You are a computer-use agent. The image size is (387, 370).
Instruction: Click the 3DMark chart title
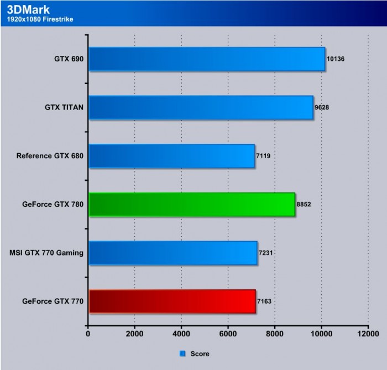[27, 9]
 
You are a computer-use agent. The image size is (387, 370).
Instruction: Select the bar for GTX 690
[206, 59]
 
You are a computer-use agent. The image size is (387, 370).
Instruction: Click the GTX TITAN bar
[200, 107]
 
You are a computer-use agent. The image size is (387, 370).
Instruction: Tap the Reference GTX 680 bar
[171, 156]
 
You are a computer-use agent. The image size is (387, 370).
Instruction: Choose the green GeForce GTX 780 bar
[191, 204]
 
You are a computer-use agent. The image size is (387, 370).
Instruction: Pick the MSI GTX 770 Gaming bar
[172, 253]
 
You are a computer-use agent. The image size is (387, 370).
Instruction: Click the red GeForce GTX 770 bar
[171, 301]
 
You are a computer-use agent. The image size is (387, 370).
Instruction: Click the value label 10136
[336, 59]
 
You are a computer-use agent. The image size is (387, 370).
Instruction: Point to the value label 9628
[322, 107]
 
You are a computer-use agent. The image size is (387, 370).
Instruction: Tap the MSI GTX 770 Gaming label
[46, 253]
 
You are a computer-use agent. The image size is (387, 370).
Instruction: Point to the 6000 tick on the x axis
[228, 333]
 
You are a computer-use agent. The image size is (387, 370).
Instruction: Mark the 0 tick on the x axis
[88, 333]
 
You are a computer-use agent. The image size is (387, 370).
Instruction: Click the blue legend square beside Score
[182, 353]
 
